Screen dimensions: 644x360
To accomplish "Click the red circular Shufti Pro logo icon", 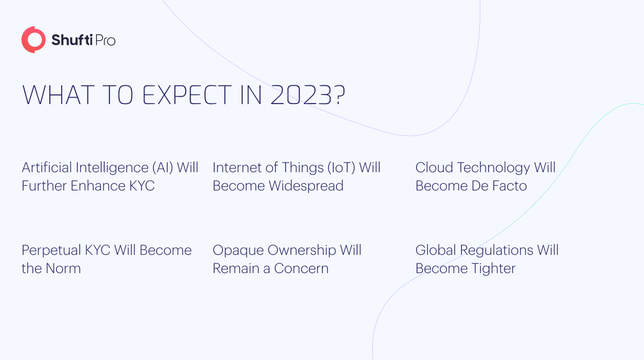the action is [x=33, y=40].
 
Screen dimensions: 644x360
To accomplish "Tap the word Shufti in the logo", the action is [x=72, y=40].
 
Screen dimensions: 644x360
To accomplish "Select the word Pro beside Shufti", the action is [x=105, y=40].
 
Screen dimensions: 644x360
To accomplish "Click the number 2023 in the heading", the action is [x=301, y=95].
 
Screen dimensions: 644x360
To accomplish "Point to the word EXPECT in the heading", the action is [x=187, y=95].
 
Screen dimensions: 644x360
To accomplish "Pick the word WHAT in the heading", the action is [x=58, y=95].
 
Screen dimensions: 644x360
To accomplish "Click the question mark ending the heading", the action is [x=340, y=95].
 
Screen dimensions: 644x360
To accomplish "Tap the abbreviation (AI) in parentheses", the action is [x=163, y=167].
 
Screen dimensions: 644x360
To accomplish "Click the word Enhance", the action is [x=98, y=186].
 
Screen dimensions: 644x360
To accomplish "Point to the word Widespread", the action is [x=306, y=186].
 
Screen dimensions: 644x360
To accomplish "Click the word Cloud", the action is [x=434, y=167].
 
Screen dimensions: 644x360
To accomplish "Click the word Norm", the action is [x=63, y=269].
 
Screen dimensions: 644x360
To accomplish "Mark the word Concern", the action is [x=301, y=269].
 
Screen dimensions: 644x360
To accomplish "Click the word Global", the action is [x=436, y=250].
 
